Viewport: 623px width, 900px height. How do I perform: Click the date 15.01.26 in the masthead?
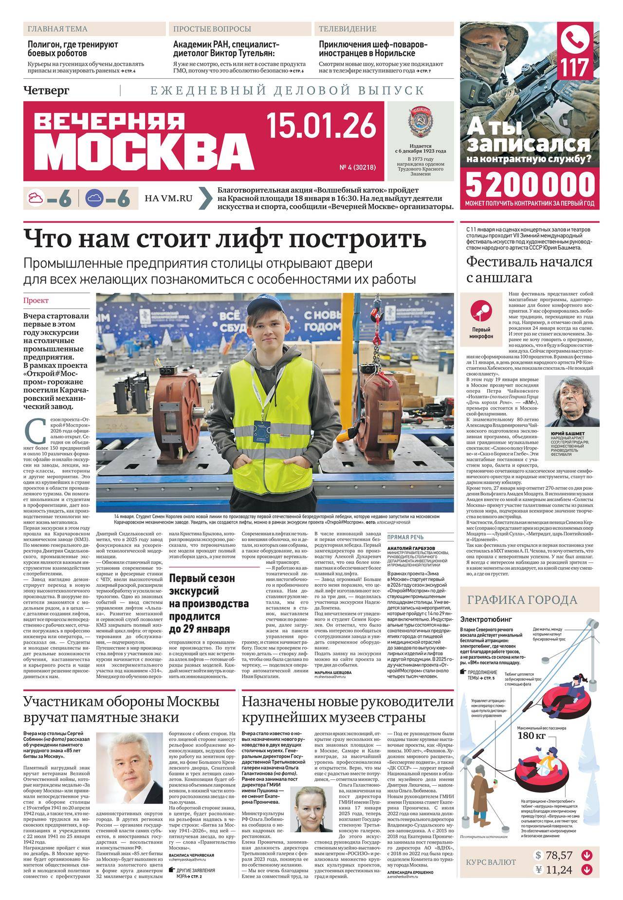pos(321,124)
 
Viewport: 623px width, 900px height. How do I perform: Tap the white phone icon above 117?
pos(577,40)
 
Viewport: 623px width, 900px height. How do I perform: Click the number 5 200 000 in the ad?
pos(530,185)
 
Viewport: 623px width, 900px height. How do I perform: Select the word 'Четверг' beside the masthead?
pos(46,90)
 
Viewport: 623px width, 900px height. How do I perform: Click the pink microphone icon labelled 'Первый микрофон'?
pos(481,308)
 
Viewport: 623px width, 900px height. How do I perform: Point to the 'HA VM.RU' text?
pos(168,198)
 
